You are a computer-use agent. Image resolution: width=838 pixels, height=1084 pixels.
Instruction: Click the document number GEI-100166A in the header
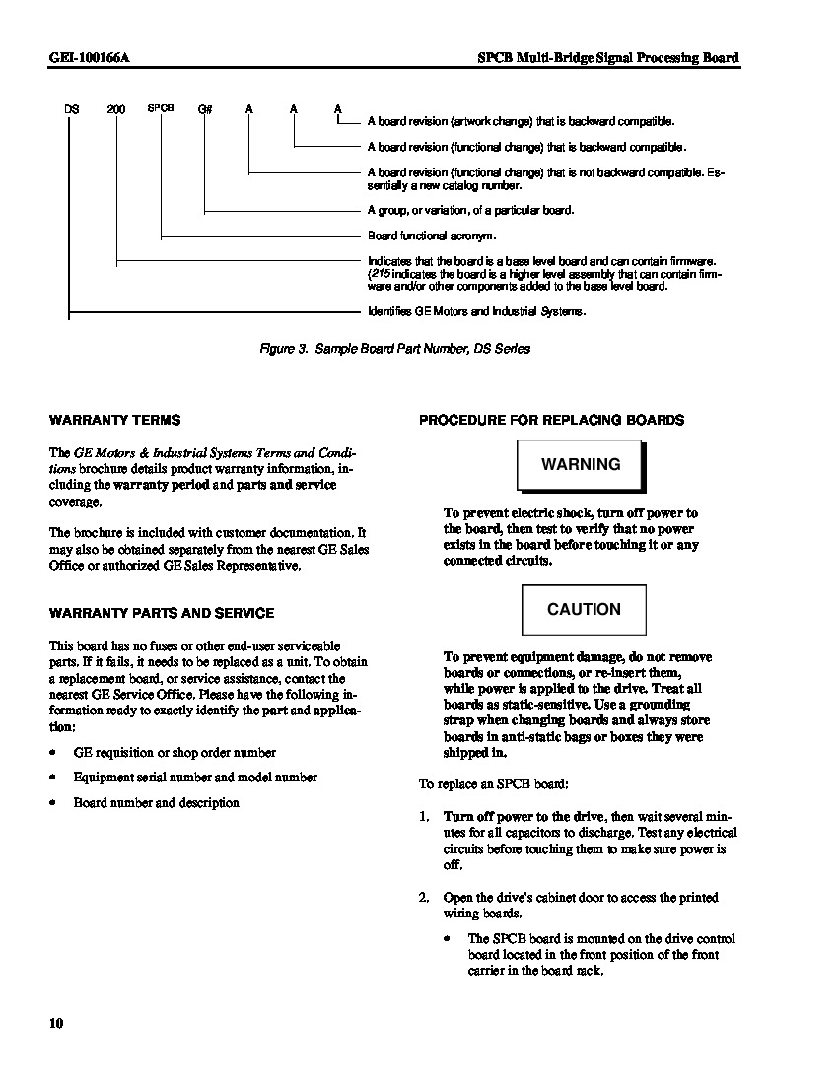pos(90,58)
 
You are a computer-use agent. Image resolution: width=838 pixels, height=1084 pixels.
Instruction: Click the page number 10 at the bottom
pos(56,1024)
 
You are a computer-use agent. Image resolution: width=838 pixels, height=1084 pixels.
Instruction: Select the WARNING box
pos(581,465)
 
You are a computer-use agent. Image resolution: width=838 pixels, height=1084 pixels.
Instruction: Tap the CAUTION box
pos(584,610)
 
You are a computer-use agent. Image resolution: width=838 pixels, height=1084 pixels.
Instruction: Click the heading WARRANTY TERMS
pos(114,420)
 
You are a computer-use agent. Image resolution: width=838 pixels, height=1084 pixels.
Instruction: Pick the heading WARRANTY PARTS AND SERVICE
pos(162,613)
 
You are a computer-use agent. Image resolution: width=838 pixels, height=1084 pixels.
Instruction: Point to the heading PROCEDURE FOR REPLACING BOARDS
pos(551,420)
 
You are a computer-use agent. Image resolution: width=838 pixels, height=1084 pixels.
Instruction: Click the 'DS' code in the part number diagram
pos(71,108)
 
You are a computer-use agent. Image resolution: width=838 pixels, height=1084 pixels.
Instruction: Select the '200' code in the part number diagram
pos(116,108)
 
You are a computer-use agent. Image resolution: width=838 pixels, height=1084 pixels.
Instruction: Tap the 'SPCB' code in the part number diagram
pos(161,108)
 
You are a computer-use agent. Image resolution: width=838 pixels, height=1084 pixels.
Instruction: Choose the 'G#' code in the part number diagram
pos(205,108)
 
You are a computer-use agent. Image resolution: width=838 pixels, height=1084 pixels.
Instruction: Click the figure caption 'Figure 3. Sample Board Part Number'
pos(394,349)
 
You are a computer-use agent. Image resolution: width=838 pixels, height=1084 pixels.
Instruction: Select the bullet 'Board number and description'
pos(156,803)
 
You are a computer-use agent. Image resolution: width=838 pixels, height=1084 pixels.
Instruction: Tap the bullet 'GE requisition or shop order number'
pos(175,753)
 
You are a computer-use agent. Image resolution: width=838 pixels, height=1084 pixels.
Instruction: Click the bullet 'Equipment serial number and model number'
pos(195,778)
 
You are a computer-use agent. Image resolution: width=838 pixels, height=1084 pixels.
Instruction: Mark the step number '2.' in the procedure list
pos(424,898)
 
